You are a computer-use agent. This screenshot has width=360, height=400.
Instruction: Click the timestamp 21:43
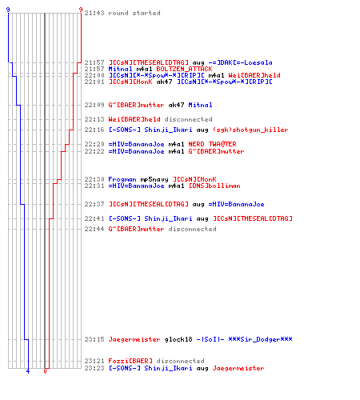tap(94, 13)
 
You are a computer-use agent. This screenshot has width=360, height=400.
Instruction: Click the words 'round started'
tap(134, 13)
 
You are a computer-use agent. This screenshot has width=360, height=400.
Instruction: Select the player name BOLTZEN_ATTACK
tap(184, 69)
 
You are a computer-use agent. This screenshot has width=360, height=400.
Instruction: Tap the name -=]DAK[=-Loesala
tap(241, 62)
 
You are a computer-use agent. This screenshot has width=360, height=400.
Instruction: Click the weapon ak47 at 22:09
tap(176, 105)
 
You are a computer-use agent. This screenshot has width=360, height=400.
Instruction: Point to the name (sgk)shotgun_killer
tap(250, 130)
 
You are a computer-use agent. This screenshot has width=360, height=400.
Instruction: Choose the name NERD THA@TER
tap(212, 144)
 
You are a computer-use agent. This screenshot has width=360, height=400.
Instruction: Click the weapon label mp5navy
tap(154, 179)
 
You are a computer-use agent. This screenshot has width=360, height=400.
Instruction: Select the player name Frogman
tap(122, 179)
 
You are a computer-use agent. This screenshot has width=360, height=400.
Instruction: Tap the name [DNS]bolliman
tap(214, 186)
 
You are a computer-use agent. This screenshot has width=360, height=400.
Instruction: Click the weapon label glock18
tap(178, 339)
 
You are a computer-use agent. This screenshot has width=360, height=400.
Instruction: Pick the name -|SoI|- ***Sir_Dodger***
tap(245, 339)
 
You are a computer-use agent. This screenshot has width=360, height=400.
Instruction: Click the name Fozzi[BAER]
tap(130, 361)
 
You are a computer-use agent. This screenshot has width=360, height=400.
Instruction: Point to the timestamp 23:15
tap(94, 339)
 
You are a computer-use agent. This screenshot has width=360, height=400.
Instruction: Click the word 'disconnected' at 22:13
tap(189, 119)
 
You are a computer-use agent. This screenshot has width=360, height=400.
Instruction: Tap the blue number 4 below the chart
tap(28, 371)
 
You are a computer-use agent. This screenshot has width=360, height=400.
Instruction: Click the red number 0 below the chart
tap(45, 371)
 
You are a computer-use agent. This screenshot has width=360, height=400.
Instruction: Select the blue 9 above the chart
tap(8, 10)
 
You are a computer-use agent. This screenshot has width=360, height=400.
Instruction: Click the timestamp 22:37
tap(94, 204)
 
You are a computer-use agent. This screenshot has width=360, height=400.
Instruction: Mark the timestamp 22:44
tap(94, 229)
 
